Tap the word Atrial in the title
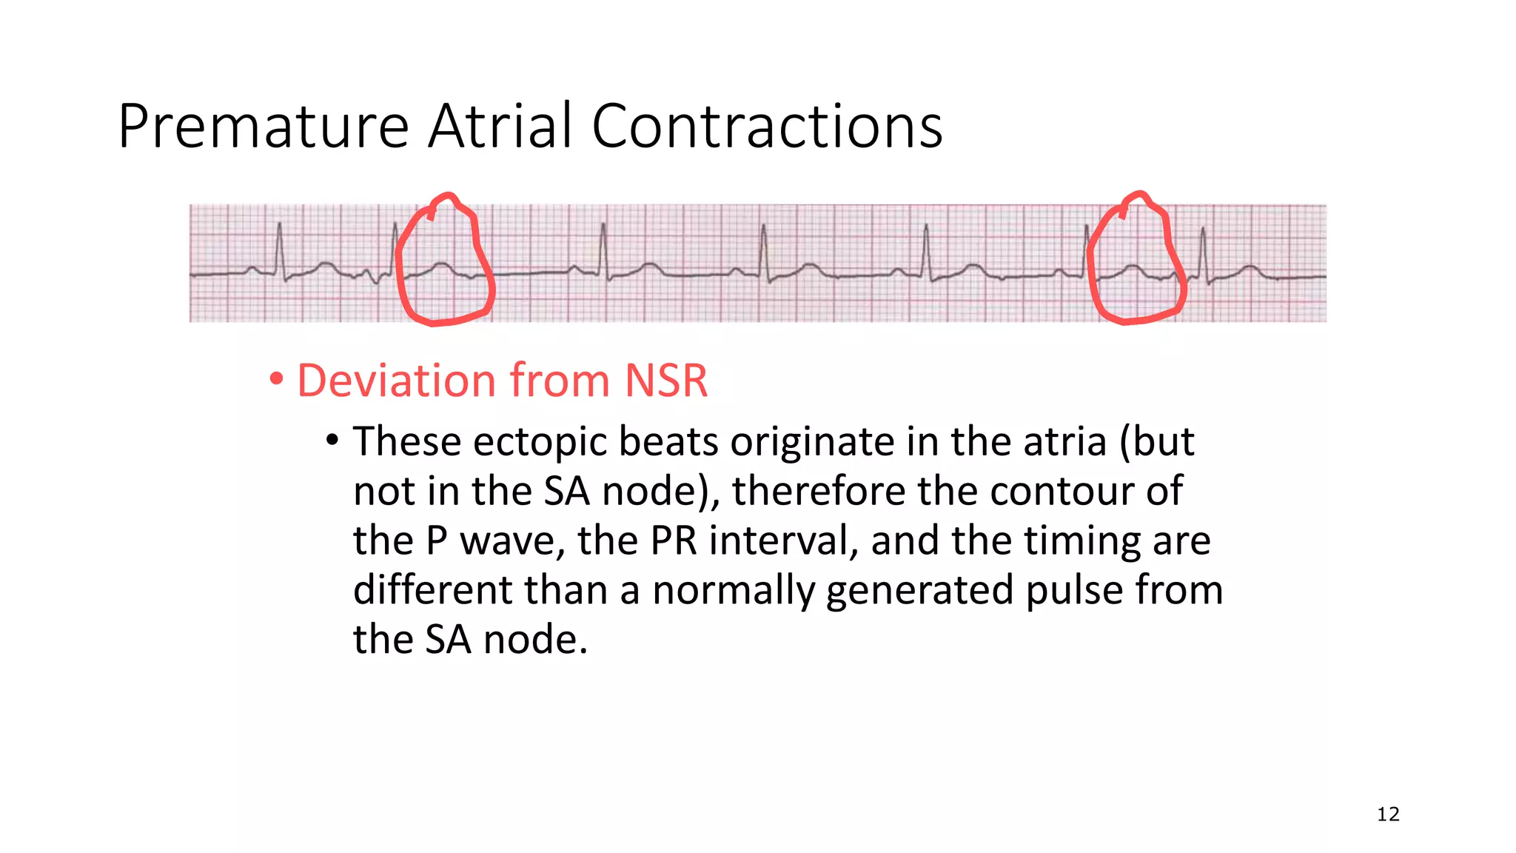[500, 126]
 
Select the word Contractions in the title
[767, 126]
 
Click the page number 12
[1388, 814]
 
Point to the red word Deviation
[397, 381]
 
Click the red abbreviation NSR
[666, 381]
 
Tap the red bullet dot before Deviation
[276, 380]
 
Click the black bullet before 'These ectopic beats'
[332, 441]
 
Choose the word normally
[733, 590]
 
